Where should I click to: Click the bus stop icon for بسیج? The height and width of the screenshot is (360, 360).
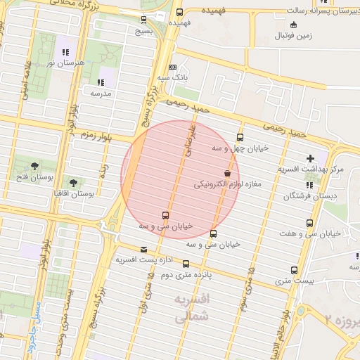pyautogui.click(x=144, y=19)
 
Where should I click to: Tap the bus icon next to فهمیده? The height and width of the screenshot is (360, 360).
pyautogui.click(x=179, y=13)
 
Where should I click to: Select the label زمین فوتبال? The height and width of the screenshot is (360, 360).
pyautogui.click(x=294, y=34)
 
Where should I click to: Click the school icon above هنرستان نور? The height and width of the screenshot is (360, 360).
pyautogui.click(x=65, y=52)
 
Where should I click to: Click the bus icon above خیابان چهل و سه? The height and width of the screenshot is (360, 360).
pyautogui.click(x=240, y=138)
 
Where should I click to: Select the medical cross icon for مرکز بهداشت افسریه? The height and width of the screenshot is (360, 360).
pyautogui.click(x=310, y=158)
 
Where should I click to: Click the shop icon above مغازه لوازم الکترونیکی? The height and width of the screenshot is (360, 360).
pyautogui.click(x=228, y=173)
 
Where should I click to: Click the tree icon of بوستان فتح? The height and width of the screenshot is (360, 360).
pyautogui.click(x=34, y=166)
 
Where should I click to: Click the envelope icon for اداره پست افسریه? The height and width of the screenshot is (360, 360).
pyautogui.click(x=144, y=250)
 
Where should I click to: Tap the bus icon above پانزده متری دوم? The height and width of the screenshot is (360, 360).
pyautogui.click(x=186, y=264)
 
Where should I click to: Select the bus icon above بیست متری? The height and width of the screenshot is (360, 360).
pyautogui.click(x=294, y=270)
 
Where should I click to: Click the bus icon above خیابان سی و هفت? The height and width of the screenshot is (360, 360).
pyautogui.click(x=309, y=223)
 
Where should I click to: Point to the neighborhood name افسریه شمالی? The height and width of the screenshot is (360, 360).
pyautogui.click(x=191, y=308)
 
